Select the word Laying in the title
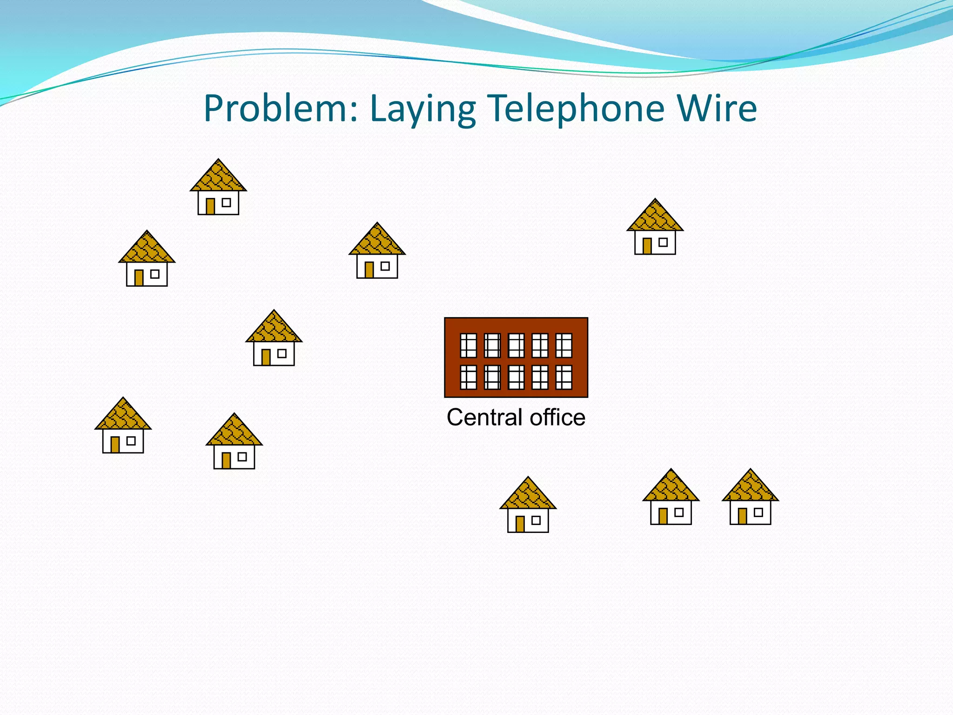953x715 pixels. pyautogui.click(x=423, y=110)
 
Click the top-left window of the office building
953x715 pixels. pyautogui.click(x=469, y=345)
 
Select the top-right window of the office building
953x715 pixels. pyautogui.click(x=564, y=345)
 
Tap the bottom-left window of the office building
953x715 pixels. pyautogui.click(x=469, y=377)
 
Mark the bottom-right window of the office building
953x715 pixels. pyautogui.click(x=564, y=377)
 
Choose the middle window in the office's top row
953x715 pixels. pyautogui.click(x=516, y=345)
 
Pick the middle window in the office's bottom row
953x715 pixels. pyautogui.click(x=516, y=377)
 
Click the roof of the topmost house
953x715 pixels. pyautogui.click(x=218, y=177)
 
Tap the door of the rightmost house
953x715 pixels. pyautogui.click(x=743, y=516)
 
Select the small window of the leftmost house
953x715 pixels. pyautogui.click(x=131, y=440)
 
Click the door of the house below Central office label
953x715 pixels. pyautogui.click(x=520, y=524)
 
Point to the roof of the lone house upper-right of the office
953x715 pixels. pyautogui.click(x=655, y=216)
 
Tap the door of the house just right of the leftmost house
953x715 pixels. pyautogui.click(x=226, y=460)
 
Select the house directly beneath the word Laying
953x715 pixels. pyautogui.click(x=377, y=251)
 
